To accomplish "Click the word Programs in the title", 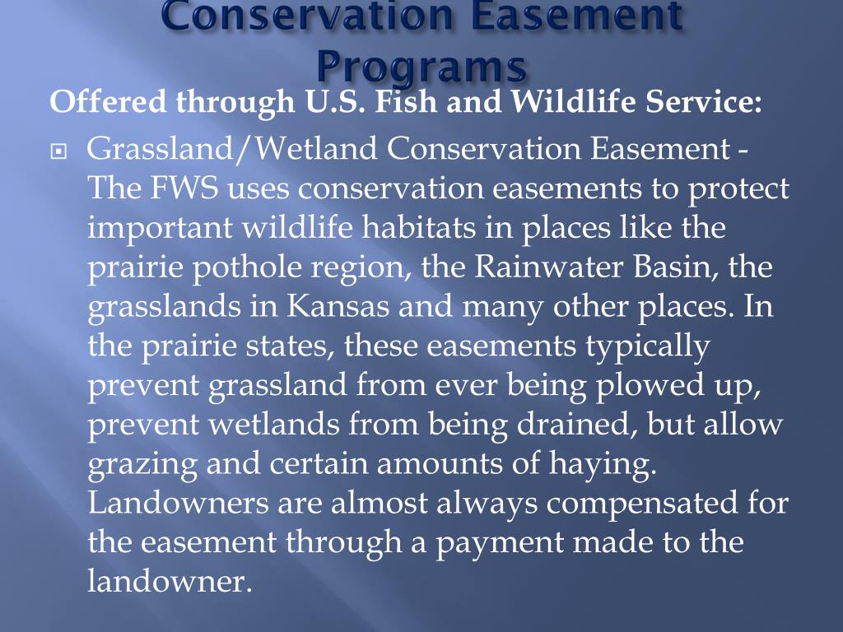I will tap(421, 66).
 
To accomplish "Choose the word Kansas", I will tap(339, 306).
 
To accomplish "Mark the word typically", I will tap(647, 346).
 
